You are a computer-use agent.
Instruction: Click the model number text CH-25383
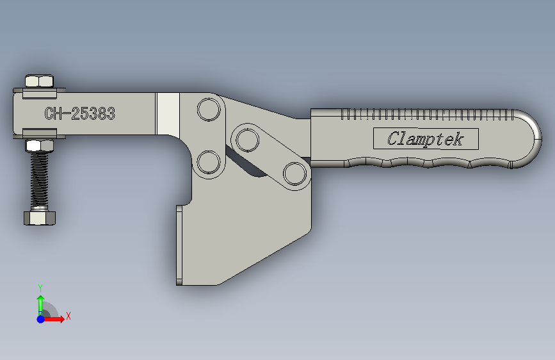(x=80, y=114)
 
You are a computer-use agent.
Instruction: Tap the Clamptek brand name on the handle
(x=425, y=138)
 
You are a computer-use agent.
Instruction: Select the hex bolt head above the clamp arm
(x=39, y=81)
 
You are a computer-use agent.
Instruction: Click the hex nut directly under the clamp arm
(x=39, y=145)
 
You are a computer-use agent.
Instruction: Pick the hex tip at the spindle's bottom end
(x=40, y=218)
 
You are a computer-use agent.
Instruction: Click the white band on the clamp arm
(x=168, y=113)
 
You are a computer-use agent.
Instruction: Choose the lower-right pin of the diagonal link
(x=294, y=173)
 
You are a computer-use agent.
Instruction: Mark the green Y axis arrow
(x=40, y=302)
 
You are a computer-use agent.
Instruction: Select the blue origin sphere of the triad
(x=40, y=318)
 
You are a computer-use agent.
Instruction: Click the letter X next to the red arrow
(x=68, y=316)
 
